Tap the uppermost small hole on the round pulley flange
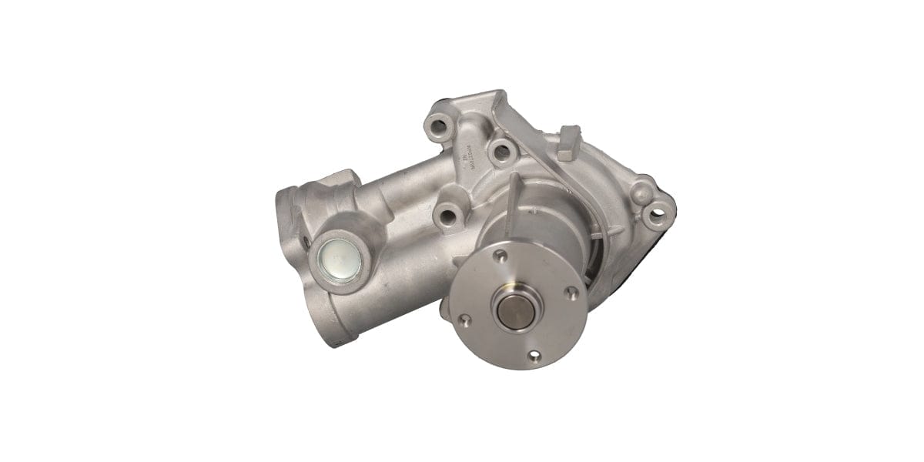pyautogui.click(x=501, y=254)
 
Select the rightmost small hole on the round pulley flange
pyautogui.click(x=571, y=292)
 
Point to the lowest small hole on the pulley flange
pyautogui.click(x=534, y=356)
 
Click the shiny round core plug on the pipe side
pyautogui.click(x=338, y=259)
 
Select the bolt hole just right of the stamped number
pyautogui.click(x=502, y=149)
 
